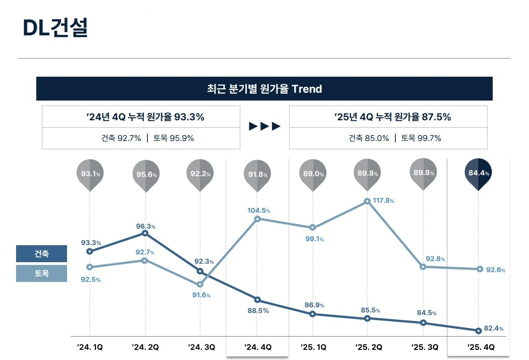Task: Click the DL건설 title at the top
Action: (55, 28)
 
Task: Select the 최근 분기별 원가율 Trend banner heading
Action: (264, 89)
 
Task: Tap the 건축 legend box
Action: (41, 254)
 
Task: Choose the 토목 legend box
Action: (41, 274)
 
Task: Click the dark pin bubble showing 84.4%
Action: (478, 173)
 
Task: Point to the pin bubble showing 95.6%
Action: (146, 174)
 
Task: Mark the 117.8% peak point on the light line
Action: (367, 201)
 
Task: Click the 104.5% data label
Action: (259, 210)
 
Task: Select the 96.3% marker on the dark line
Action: (145, 233)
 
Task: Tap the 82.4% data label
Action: (494, 328)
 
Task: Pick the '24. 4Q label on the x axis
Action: (257, 347)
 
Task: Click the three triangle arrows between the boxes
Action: (264, 127)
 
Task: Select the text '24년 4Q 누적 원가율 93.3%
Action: (145, 117)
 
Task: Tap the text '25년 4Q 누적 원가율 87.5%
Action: (393, 117)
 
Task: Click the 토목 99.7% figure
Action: (421, 138)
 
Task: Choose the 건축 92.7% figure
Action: (121, 138)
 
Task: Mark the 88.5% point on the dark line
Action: (257, 300)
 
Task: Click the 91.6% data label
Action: (201, 295)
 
